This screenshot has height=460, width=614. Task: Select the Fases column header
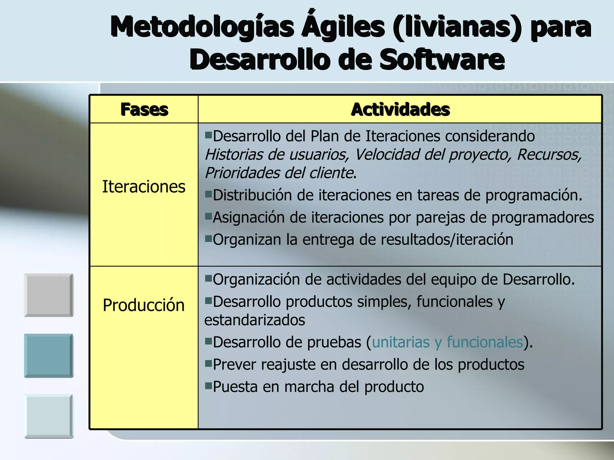[x=144, y=109]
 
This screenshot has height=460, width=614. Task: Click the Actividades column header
[x=400, y=109]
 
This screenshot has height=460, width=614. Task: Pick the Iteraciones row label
[x=144, y=187]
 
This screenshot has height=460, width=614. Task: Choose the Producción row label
[x=144, y=305]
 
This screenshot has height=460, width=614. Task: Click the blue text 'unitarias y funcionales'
[x=447, y=342]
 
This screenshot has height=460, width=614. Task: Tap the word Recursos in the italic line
[x=549, y=155]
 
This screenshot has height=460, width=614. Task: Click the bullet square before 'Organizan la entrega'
[x=208, y=238]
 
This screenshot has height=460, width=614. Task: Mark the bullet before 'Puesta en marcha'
[x=208, y=385]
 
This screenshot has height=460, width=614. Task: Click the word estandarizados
[x=255, y=320]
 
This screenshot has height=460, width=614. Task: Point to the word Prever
[x=234, y=364]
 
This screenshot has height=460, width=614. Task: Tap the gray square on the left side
[x=49, y=295]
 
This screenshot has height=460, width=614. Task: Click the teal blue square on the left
[x=49, y=355]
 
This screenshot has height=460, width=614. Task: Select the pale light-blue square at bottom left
[x=49, y=416]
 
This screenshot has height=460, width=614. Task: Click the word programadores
[x=542, y=217]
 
